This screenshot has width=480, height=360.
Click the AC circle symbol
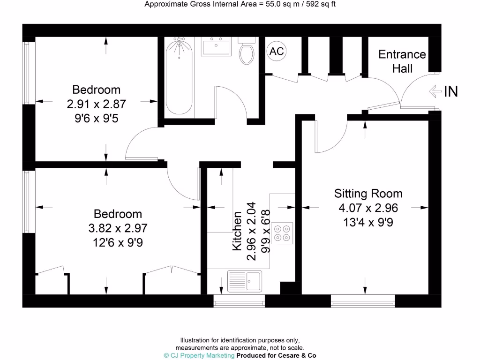point(277,51)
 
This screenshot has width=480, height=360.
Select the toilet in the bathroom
point(247,52)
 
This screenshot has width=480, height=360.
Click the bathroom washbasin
point(216,47)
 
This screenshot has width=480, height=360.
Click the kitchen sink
point(245,281)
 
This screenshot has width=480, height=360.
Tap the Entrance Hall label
point(402,61)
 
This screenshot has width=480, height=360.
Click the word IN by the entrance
point(450,92)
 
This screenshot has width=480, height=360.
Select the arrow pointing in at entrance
point(435,91)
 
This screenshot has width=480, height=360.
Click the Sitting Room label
point(368,193)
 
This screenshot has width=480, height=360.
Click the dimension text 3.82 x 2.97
point(118,228)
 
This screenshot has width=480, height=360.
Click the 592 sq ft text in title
point(317,5)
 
